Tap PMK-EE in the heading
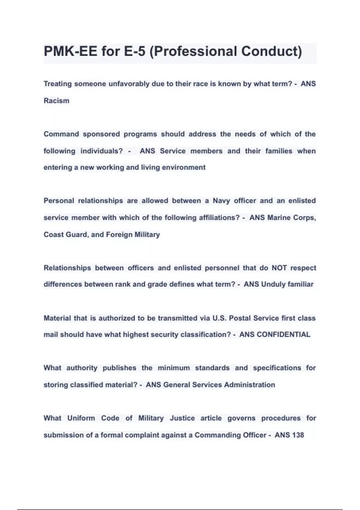(x=70, y=51)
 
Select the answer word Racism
(x=56, y=100)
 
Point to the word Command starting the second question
(x=61, y=134)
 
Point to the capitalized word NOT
(x=279, y=268)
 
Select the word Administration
(x=249, y=385)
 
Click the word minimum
(x=174, y=368)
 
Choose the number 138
(x=298, y=435)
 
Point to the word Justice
(x=182, y=418)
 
